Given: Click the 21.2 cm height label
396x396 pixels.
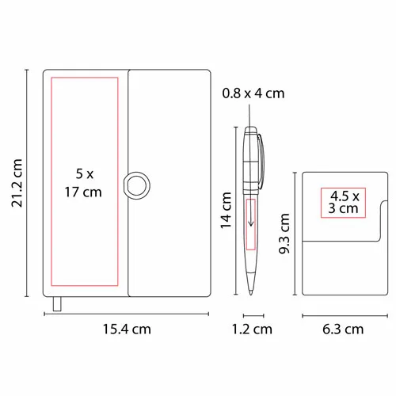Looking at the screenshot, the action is tap(17, 183).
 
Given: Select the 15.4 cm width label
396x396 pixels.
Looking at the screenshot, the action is tap(127, 329).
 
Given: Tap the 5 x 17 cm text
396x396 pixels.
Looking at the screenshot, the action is tap(83, 183).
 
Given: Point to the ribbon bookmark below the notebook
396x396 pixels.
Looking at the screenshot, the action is tap(57, 304).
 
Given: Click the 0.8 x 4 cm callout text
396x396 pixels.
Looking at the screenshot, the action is tap(253, 93).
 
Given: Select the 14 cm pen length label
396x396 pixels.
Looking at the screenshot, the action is tap(227, 211).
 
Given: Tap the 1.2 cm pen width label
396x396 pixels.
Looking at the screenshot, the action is tap(252, 329).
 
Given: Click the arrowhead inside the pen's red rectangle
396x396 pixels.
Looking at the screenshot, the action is tap(251, 224).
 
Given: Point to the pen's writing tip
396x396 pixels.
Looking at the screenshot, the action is tap(251, 292).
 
